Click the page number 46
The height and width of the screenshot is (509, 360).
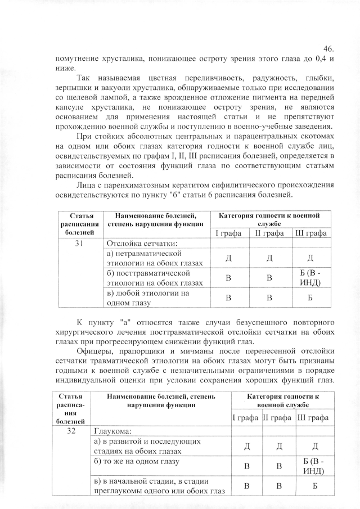(330, 48)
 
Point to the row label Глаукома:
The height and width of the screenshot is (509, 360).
(112, 431)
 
